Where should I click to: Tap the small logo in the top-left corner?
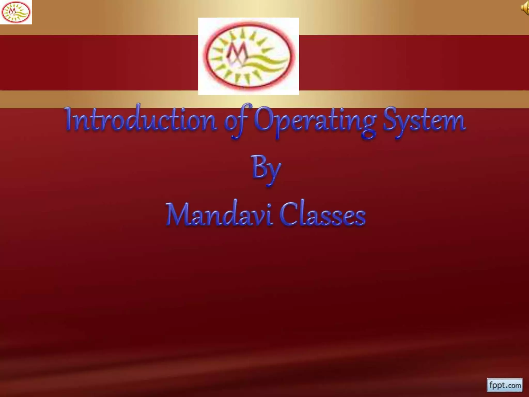(16, 12)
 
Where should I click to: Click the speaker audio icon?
(525, 8)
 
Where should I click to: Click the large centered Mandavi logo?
(248, 56)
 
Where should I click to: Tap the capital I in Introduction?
(69, 119)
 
